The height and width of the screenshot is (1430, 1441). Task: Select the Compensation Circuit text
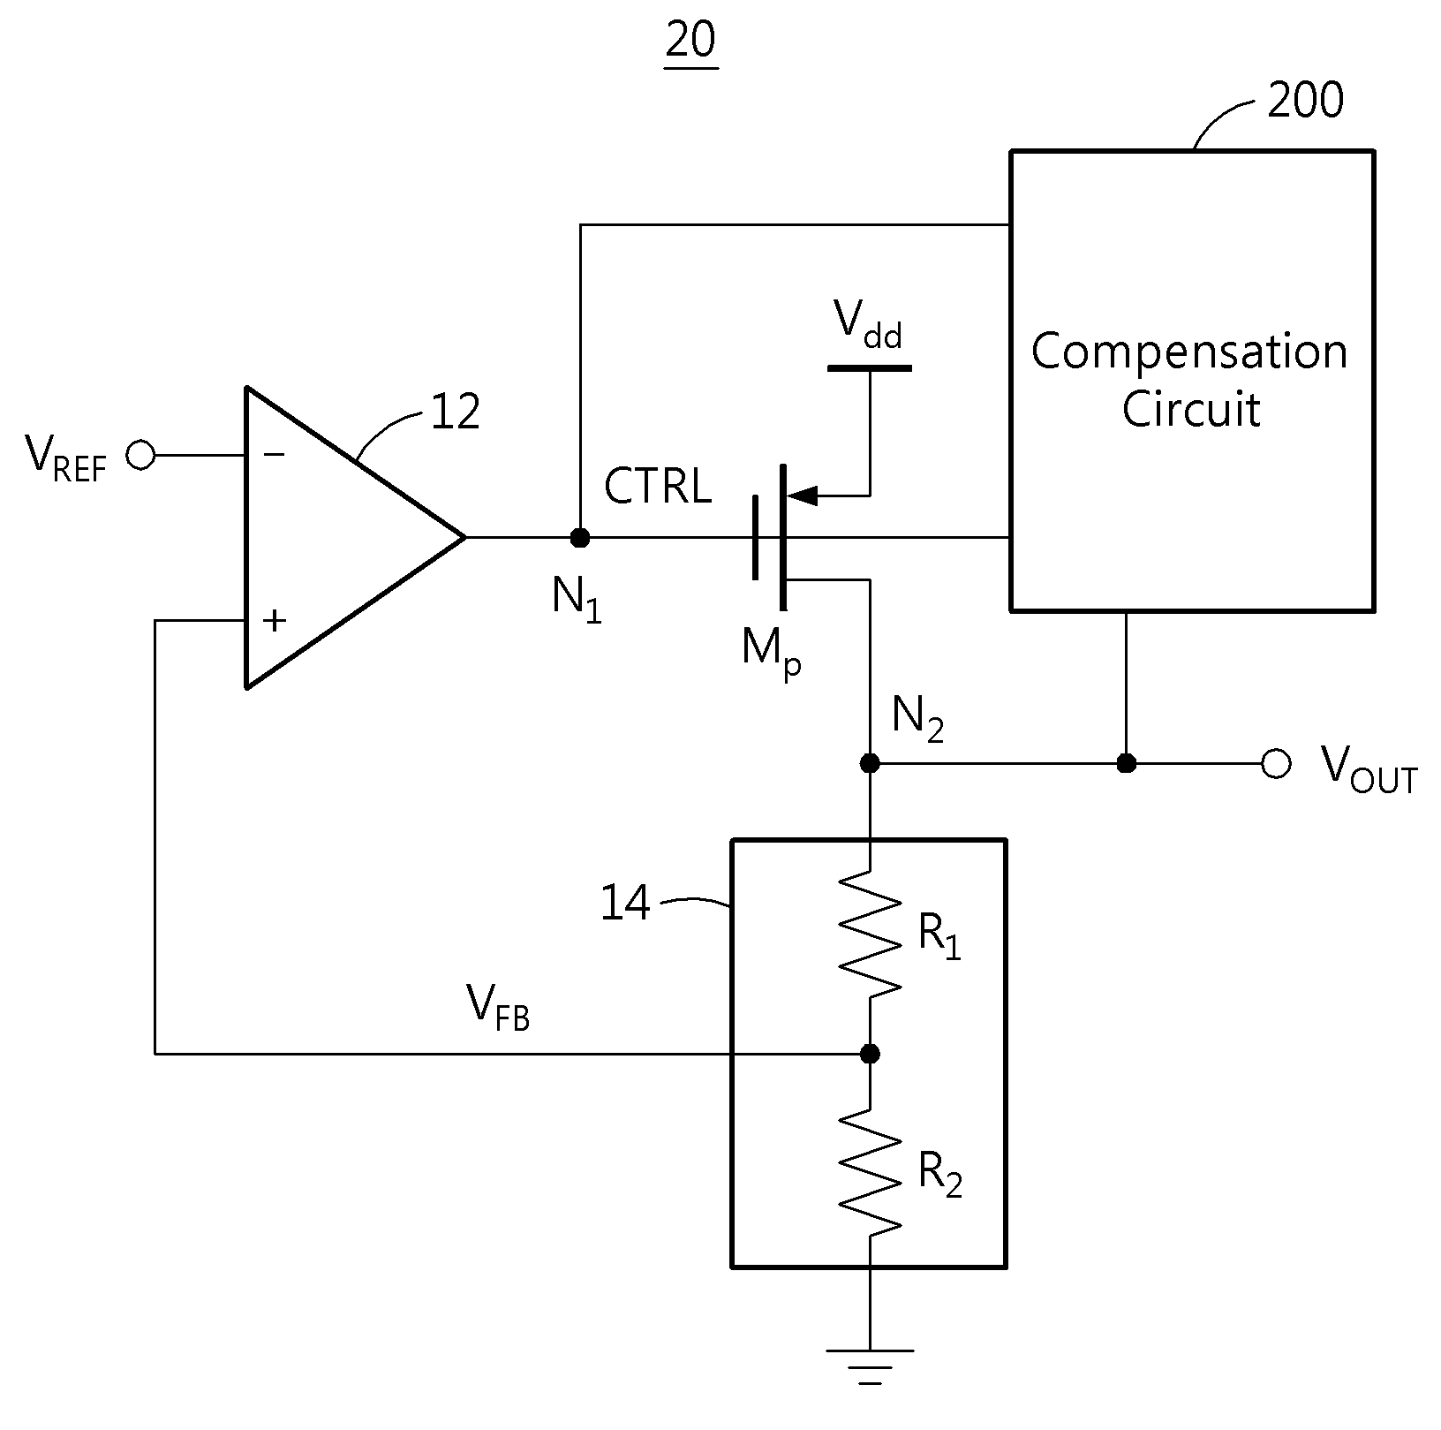point(1190,380)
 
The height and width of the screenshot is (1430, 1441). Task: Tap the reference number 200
point(1305,100)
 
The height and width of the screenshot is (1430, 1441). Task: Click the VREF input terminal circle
point(140,455)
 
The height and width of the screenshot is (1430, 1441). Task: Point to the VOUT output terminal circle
point(1276,763)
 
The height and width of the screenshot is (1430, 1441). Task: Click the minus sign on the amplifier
point(274,455)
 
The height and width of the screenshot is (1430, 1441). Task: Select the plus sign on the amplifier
point(275,620)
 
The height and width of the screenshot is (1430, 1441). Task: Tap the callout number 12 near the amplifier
point(456,412)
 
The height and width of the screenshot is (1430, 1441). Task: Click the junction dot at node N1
point(580,537)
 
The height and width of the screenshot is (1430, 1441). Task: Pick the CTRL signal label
point(658,487)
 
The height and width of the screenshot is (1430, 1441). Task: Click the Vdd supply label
point(869,326)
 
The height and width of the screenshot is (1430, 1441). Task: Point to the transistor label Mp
point(772,652)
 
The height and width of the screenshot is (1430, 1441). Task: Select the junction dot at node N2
point(870,763)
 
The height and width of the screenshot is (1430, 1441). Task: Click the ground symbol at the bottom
point(870,1366)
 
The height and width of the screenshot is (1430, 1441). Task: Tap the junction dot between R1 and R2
point(870,1054)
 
